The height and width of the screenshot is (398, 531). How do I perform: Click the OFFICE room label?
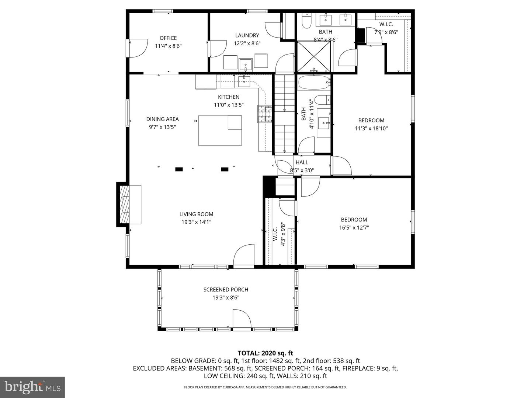168,38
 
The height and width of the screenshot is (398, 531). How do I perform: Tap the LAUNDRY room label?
247,35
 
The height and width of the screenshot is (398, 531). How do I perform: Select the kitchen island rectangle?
220,130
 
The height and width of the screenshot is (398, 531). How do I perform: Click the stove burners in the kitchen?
265,114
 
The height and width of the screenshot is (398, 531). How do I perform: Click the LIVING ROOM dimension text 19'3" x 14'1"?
196,222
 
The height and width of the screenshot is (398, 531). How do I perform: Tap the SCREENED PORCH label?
226,290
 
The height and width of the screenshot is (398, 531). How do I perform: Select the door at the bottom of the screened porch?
242,319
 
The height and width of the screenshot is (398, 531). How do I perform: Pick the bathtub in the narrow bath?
313,83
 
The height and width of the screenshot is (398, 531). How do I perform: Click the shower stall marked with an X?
314,56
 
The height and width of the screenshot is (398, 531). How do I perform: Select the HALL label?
302,163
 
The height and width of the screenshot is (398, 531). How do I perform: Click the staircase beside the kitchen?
285,114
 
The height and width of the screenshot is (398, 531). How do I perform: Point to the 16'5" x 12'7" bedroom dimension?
354,228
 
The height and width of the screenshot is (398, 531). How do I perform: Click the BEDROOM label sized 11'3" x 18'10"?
371,121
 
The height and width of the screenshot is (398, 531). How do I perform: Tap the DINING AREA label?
162,119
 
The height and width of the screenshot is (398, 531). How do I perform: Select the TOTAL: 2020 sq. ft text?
265,353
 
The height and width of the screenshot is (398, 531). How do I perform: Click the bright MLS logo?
32,387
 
